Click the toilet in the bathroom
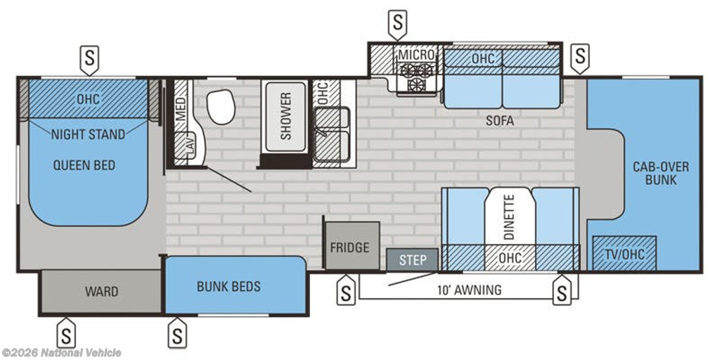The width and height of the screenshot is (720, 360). (x=221, y=106)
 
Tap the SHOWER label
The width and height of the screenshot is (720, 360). (x=285, y=116)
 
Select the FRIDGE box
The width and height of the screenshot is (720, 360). (x=353, y=246)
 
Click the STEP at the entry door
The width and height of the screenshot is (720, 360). (x=412, y=260)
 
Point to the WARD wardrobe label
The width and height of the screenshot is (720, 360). (x=101, y=292)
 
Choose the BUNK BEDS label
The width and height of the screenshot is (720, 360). (x=229, y=287)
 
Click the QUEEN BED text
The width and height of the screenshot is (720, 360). (x=84, y=165)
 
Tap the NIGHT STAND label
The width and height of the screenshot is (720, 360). (x=88, y=134)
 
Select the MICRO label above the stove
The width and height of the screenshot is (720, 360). (x=416, y=55)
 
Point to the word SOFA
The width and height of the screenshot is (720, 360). (x=500, y=122)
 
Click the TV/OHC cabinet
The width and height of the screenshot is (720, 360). (x=624, y=253)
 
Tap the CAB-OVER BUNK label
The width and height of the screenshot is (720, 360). (x=661, y=173)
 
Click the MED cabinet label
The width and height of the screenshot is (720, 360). (x=181, y=108)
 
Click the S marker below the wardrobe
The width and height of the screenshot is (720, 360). (x=67, y=333)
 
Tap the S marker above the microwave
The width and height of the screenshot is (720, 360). (x=398, y=24)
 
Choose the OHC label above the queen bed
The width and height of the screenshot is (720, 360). (x=88, y=99)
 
